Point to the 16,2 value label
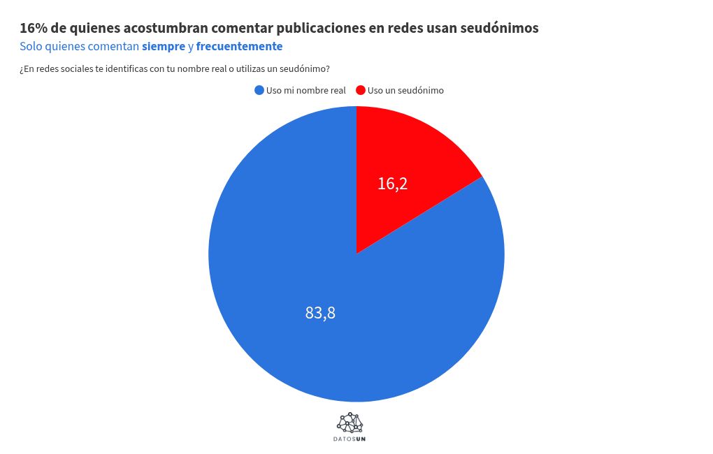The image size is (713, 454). tap(392, 184)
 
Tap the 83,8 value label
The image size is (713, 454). tap(320, 313)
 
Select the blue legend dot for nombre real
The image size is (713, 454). tap(259, 90)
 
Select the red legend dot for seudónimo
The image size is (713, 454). tap(361, 90)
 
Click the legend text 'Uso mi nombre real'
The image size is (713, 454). tap(305, 90)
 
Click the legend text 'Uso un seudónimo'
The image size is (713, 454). tap(405, 90)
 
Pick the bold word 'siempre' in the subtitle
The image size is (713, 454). tap(164, 47)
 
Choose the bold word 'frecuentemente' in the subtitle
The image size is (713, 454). tap(239, 47)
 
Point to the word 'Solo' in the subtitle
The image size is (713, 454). tap(31, 47)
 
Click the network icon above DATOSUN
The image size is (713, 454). tap(350, 423)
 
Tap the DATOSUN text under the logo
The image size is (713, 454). tap(350, 439)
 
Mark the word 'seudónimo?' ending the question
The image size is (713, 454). tap(305, 68)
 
